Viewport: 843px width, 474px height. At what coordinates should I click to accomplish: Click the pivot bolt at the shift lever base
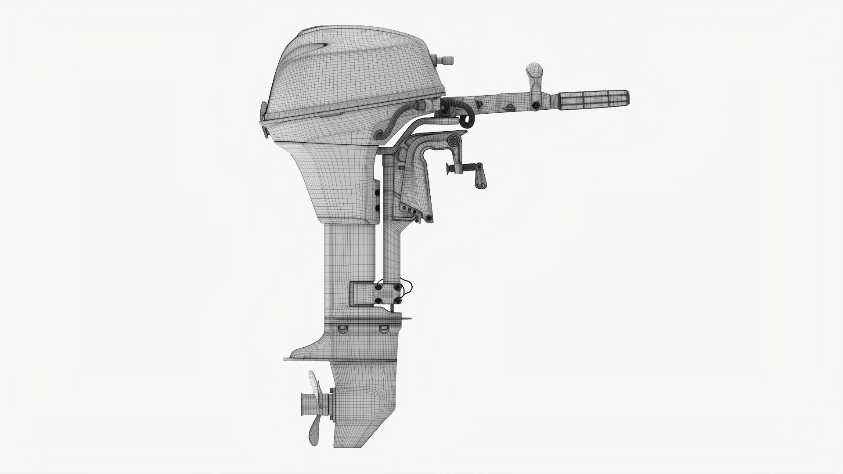[x=536, y=106]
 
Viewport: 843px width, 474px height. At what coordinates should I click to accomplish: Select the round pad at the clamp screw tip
[x=449, y=168]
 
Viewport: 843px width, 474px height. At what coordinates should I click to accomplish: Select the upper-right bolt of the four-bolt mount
[x=398, y=287]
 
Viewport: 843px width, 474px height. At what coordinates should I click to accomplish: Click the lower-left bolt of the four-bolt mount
[x=378, y=301]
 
